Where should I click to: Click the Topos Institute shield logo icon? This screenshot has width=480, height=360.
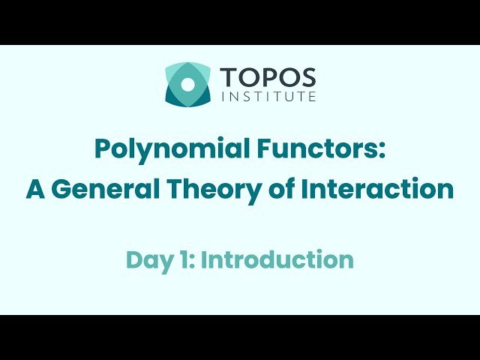(187, 83)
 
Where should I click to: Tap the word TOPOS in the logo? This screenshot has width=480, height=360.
(268, 77)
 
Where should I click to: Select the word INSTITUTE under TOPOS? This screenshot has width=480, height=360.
(268, 96)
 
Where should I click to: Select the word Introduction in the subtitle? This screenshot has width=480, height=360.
(277, 259)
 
